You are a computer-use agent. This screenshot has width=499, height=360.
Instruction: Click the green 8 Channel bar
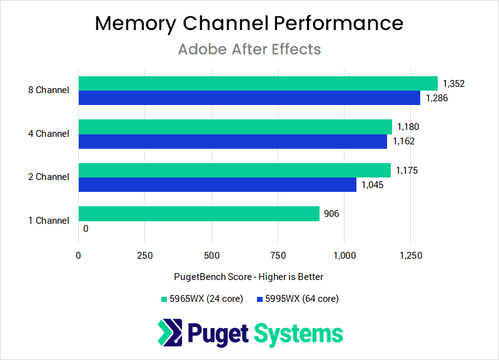pyautogui.click(x=258, y=84)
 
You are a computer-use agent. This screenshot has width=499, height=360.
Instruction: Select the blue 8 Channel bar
pyautogui.click(x=249, y=98)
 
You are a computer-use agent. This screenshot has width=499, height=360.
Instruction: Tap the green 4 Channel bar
pyautogui.click(x=234, y=127)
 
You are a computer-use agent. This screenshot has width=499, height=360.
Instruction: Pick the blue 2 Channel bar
pyautogui.click(x=217, y=185)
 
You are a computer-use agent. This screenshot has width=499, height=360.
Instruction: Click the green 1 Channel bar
pyautogui.click(x=199, y=214)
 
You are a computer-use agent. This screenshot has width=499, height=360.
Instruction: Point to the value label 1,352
pyautogui.click(x=454, y=84)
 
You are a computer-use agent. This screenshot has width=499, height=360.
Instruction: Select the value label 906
pyautogui.click(x=331, y=214)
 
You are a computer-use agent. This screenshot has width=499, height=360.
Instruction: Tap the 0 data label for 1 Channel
pyautogui.click(x=86, y=229)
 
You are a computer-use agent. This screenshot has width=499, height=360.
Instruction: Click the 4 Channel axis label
pyautogui.click(x=49, y=134)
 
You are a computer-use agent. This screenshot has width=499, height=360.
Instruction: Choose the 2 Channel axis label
pyautogui.click(x=49, y=177)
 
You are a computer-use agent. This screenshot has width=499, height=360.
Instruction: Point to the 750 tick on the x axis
pyautogui.click(x=278, y=255)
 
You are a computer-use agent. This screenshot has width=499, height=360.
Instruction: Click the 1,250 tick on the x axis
pyautogui.click(x=410, y=255)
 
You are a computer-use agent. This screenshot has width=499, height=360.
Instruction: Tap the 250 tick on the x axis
pyautogui.click(x=144, y=255)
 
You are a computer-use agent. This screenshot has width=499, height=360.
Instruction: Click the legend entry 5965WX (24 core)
pyautogui.click(x=201, y=299)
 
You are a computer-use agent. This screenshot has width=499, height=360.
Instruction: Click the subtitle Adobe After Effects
pyautogui.click(x=249, y=49)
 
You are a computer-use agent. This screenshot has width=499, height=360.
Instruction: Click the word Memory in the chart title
pyautogui.click(x=135, y=23)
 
